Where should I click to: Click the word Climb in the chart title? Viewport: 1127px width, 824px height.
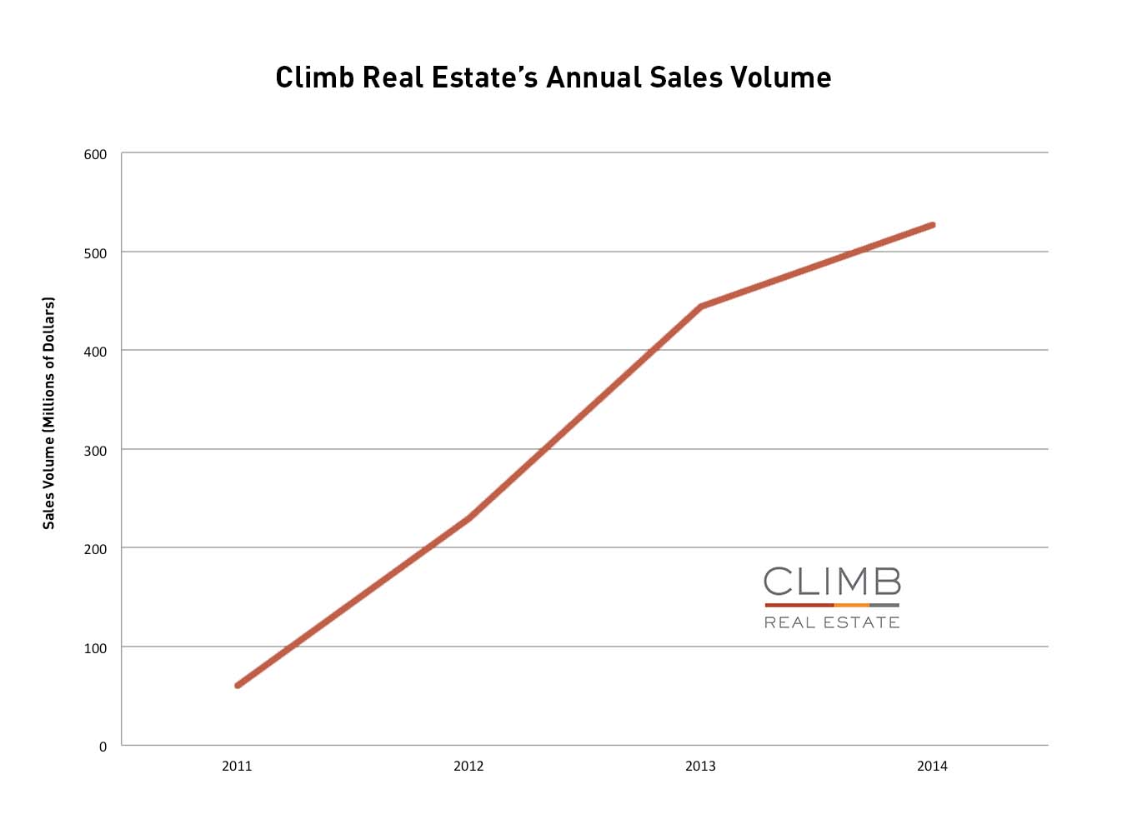click(315, 77)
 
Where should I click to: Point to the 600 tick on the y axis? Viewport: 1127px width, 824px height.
click(95, 154)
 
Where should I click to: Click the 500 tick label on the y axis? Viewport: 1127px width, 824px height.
click(95, 253)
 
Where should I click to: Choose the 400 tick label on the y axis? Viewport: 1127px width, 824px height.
click(95, 352)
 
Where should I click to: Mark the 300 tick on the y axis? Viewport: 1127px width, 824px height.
click(95, 451)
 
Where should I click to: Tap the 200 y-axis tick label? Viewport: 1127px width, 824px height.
click(95, 549)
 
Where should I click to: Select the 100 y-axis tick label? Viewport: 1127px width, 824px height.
click(95, 648)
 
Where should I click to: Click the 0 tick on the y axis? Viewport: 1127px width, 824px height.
click(103, 747)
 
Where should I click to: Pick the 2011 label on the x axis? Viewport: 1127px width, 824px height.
click(237, 767)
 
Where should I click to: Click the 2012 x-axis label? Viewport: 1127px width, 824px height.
click(468, 767)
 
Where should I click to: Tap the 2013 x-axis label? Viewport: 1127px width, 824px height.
click(700, 767)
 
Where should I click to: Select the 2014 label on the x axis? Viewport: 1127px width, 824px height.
click(932, 767)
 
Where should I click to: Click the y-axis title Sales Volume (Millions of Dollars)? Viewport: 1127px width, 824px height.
click(49, 413)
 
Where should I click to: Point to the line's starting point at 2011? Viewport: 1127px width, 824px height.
click(238, 685)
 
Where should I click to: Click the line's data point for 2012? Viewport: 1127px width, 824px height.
click(469, 517)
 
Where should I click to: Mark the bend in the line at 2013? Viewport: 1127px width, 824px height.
click(701, 307)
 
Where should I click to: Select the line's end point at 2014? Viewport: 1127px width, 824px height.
click(932, 225)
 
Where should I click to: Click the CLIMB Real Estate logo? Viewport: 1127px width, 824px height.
click(832, 597)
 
